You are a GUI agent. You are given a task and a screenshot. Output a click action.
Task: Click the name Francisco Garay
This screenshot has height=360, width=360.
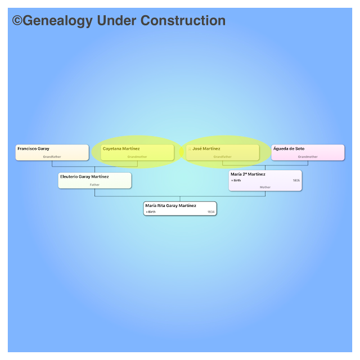pos(33,148)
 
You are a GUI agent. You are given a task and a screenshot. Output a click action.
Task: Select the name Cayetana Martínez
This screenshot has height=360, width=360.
pos(121,148)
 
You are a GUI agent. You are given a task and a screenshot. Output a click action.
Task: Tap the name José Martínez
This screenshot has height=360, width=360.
pos(206,148)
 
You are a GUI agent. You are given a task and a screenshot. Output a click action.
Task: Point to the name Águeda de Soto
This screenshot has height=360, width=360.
pos(289,148)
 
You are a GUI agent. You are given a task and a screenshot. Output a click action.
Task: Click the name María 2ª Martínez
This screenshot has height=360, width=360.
pos(247,174)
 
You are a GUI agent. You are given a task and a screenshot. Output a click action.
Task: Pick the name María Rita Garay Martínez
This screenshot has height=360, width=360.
pos(170,206)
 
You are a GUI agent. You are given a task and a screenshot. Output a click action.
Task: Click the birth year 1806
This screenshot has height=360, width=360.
pos(296,181)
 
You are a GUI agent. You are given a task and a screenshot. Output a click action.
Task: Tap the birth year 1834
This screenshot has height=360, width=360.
pos(211,212)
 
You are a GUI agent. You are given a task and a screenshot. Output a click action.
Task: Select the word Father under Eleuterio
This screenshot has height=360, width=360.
pos(94,184)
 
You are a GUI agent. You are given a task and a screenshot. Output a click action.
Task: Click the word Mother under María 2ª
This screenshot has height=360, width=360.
pos(265,187)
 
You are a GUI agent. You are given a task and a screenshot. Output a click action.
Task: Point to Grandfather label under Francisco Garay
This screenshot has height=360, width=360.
pos(52,156)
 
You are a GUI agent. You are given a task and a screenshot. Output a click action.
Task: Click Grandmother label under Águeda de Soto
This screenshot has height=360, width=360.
pos(308,156)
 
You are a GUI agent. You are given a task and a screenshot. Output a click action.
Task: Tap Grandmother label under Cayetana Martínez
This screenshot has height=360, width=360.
pos(137,156)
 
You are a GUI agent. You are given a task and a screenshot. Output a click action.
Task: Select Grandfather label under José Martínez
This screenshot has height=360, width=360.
pos(222,156)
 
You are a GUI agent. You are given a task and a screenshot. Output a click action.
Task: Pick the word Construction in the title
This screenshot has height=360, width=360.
pos(183,21)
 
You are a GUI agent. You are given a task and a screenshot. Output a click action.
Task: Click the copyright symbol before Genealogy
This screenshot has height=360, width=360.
pos(17,21)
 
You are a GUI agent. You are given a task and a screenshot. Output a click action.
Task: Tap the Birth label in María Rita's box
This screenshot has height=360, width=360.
pos(151,212)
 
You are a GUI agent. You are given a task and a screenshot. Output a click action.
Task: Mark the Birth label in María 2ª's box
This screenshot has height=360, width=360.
pos(237,181)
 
